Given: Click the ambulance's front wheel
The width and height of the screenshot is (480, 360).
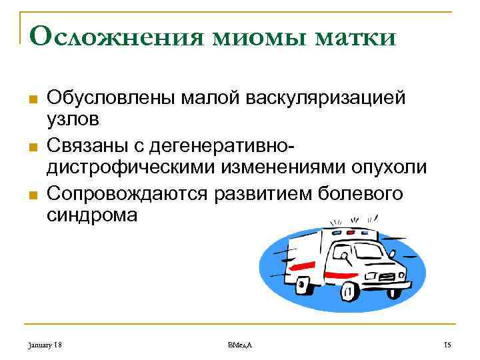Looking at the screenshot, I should point(348,291).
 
